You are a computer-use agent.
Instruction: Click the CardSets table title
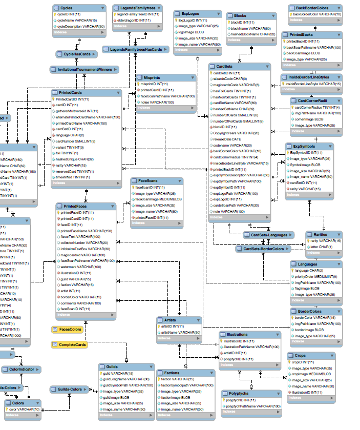click(x=225, y=67)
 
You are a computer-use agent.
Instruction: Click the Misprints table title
click(x=153, y=77)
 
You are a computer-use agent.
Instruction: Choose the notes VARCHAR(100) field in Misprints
click(x=157, y=102)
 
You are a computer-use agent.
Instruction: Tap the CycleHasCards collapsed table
click(x=77, y=54)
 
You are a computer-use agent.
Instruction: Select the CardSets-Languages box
click(x=265, y=235)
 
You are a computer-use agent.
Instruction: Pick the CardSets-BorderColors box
click(x=263, y=249)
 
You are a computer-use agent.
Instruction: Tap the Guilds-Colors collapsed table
click(x=69, y=390)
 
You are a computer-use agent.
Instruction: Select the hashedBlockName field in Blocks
click(x=253, y=34)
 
